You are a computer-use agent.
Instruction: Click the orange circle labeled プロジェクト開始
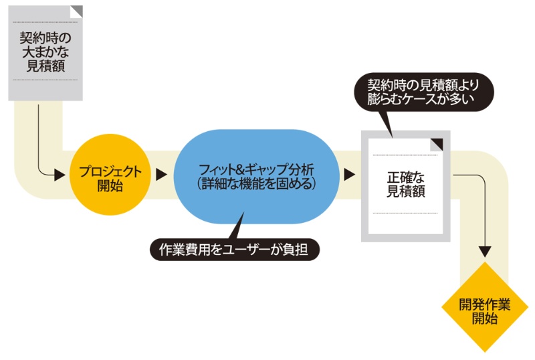pos(110,175)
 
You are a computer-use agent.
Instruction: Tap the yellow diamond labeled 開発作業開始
pos(485,308)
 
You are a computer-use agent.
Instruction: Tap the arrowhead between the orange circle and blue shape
pos(161,175)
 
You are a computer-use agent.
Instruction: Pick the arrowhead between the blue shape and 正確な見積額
pos(349,175)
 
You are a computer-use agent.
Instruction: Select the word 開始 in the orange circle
pos(110,186)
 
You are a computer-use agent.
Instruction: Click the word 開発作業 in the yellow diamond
pos(485,304)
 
